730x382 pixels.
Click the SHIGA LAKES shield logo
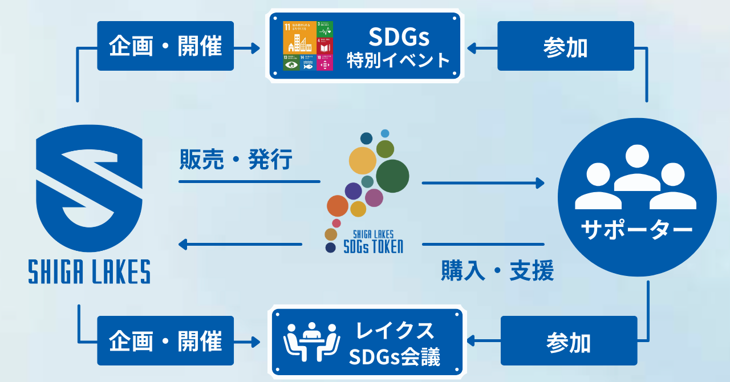(90, 188)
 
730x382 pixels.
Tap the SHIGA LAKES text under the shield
(90, 271)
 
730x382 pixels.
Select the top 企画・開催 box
(165, 46)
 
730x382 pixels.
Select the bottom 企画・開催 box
(165, 341)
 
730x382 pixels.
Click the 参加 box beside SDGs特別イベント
(566, 46)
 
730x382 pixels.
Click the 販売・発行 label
(236, 160)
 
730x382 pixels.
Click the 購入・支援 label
(497, 271)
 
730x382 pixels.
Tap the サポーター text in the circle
(636, 230)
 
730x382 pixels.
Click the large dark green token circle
(392, 176)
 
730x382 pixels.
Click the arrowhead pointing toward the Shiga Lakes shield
(183, 245)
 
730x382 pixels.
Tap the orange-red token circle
(338, 206)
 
